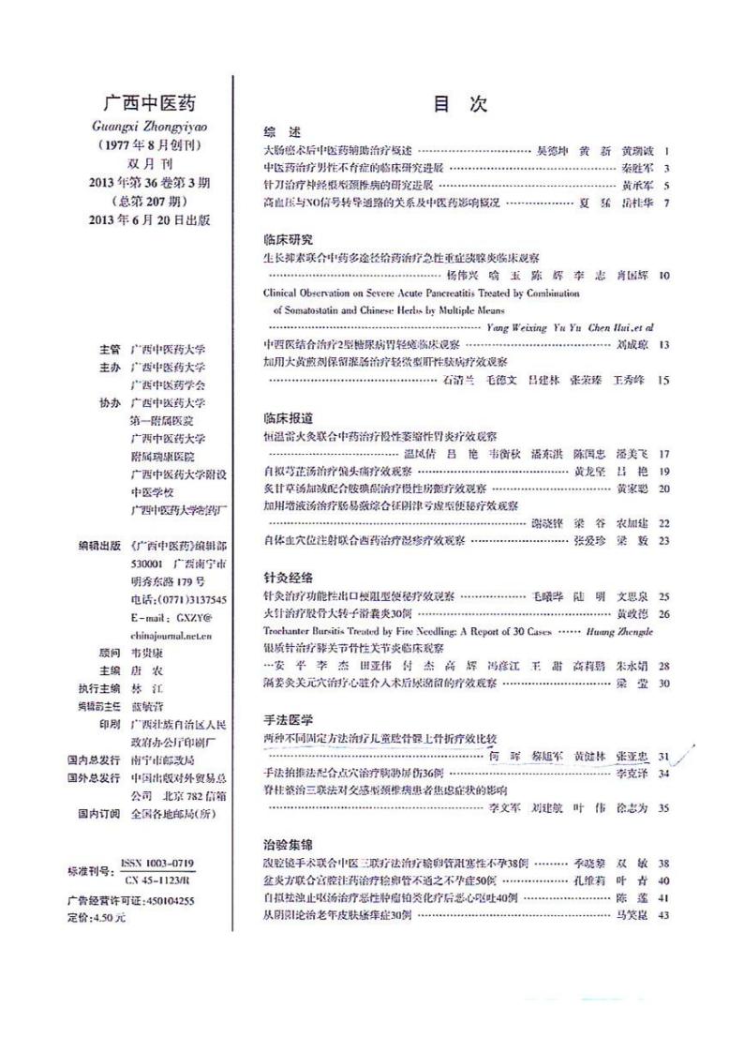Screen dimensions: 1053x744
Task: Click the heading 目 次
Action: [x=460, y=104]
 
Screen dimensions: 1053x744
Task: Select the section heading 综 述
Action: [x=282, y=132]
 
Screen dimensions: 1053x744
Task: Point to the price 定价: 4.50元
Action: [x=97, y=918]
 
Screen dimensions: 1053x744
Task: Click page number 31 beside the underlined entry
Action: [x=663, y=756]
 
